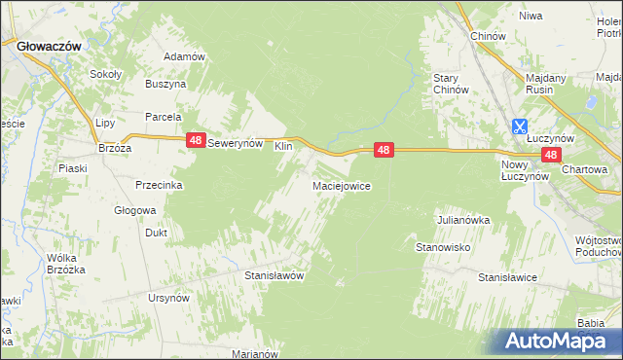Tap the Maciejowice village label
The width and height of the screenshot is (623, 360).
(340, 186)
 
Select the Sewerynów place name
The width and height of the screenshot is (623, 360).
(237, 142)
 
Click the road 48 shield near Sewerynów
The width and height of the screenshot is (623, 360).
(196, 141)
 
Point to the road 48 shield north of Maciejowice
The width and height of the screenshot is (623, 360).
(385, 150)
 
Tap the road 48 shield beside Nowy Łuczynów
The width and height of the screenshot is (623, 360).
(551, 155)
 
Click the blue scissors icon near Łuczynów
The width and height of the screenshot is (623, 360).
(520, 126)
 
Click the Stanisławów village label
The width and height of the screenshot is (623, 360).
(274, 275)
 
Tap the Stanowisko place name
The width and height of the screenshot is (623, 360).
(444, 248)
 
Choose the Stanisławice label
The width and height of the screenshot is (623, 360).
(507, 277)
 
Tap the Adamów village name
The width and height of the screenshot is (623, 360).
(184, 56)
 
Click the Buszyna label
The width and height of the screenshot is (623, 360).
(165, 85)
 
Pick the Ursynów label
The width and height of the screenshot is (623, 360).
(167, 298)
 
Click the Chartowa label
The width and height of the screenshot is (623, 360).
(584, 169)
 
